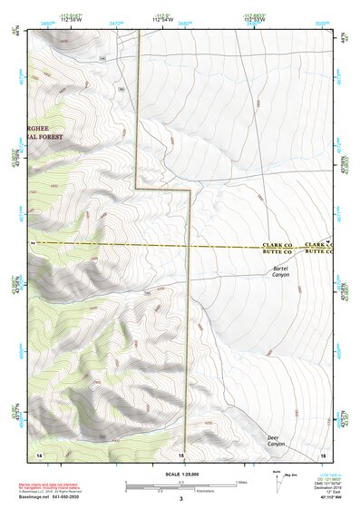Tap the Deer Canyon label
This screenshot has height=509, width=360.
point(277,441)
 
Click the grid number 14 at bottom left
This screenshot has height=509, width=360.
point(39,453)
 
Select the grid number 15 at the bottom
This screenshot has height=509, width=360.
point(181,453)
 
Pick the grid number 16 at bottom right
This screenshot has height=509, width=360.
point(323,453)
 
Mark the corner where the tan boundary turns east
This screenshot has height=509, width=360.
point(136,188)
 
